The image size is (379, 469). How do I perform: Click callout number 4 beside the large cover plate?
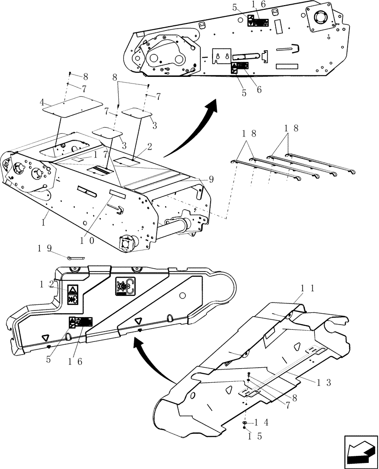tap(42, 102)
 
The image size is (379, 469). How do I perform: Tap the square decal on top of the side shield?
tap(125, 286)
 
